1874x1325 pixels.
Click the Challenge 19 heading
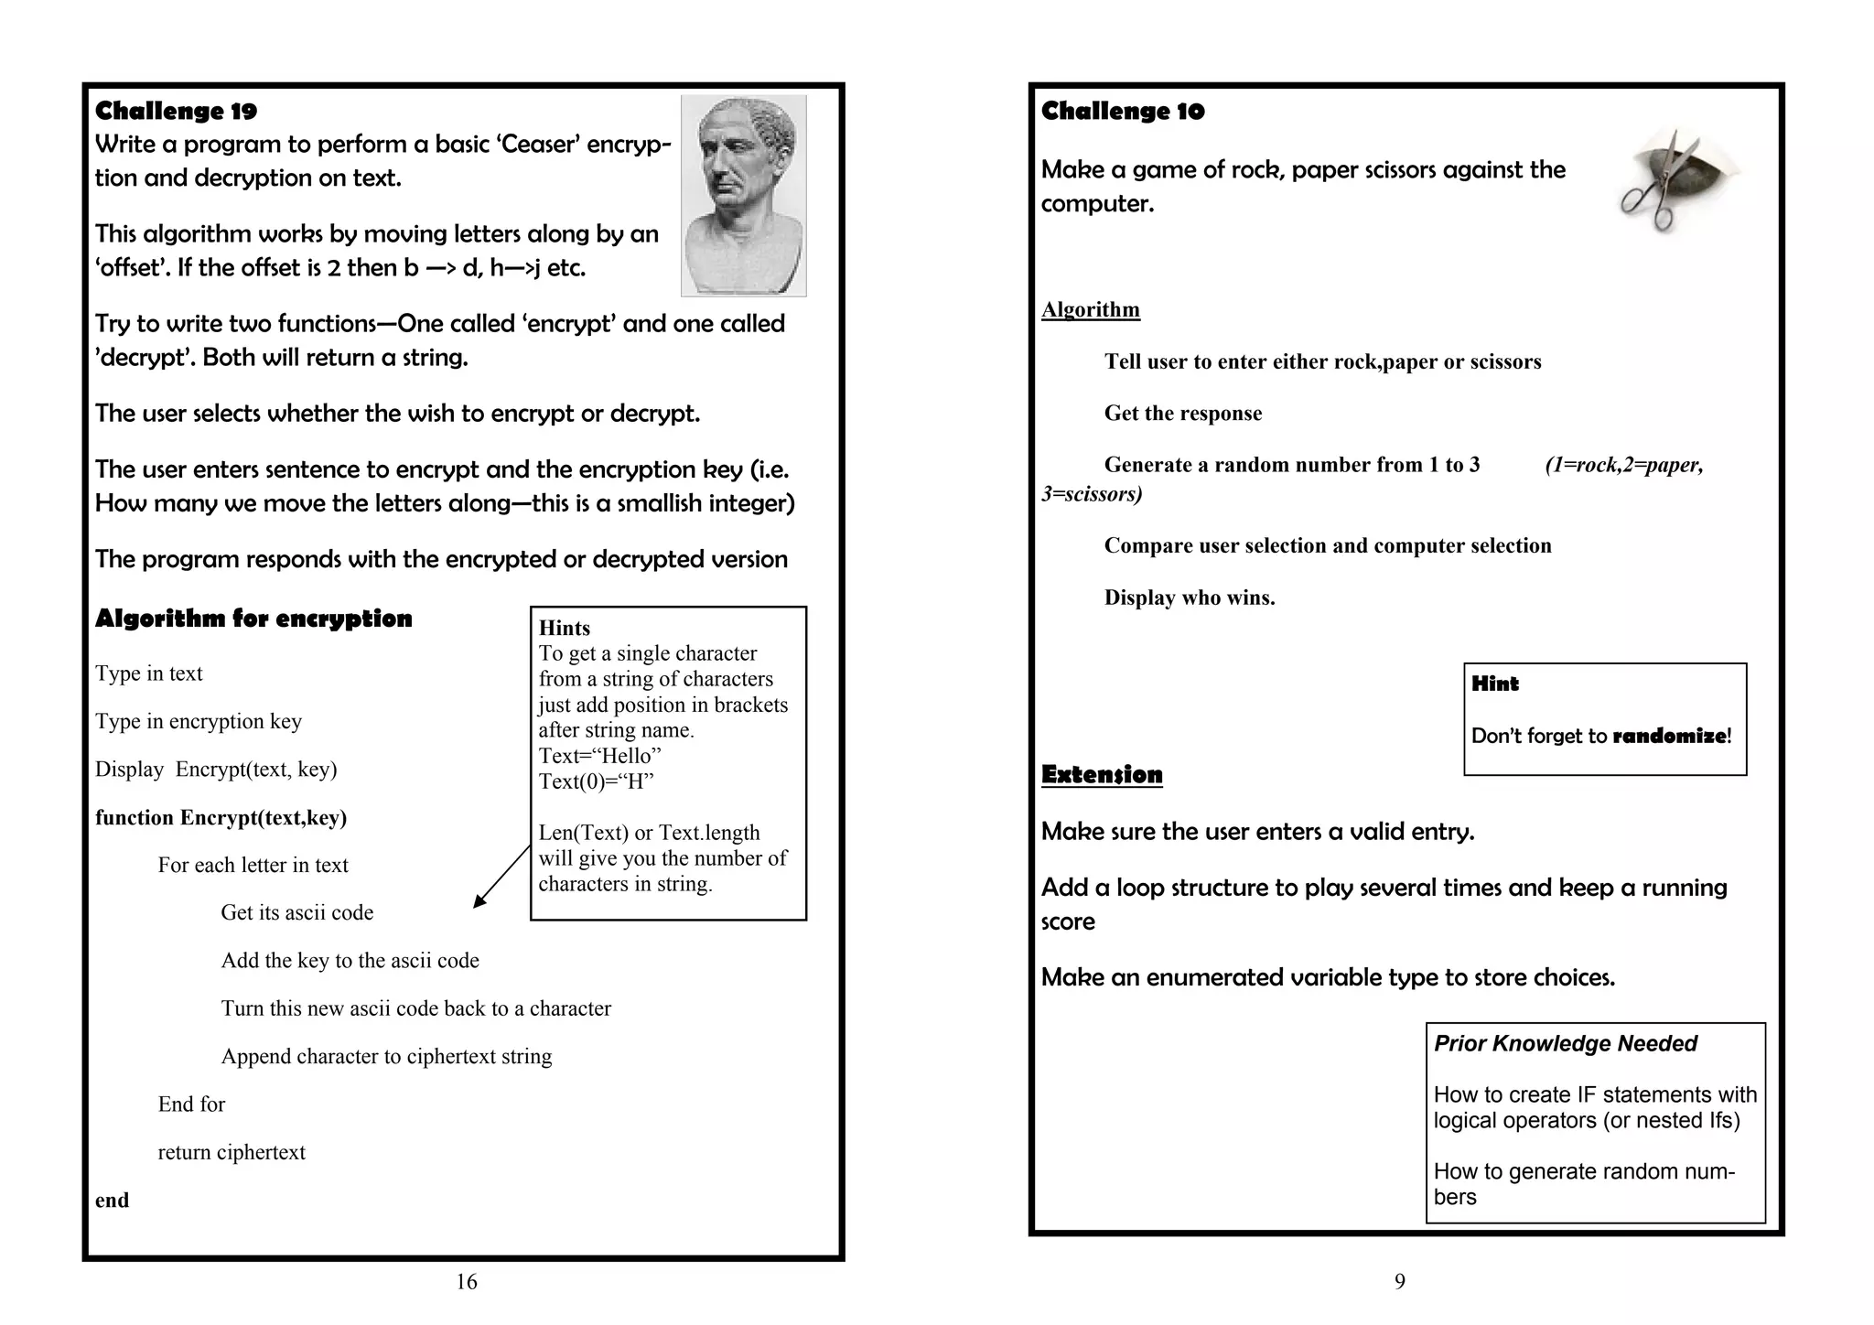point(176,112)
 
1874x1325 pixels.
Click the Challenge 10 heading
point(1123,112)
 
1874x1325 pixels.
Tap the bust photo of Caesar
point(743,195)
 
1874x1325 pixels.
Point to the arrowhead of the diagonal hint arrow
point(478,903)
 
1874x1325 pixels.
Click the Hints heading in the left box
point(564,628)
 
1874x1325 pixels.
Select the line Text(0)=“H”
point(596,781)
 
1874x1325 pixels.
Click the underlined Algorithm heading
point(1090,309)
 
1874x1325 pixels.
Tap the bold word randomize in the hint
point(1669,736)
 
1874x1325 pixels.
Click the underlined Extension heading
point(1102,775)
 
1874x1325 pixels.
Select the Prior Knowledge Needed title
point(1565,1043)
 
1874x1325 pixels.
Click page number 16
point(467,1282)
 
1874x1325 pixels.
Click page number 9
point(1399,1282)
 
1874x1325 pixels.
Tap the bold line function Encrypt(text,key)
point(221,817)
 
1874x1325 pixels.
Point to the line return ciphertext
point(232,1152)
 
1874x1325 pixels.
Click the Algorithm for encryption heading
point(253,619)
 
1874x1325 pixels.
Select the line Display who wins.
point(1189,598)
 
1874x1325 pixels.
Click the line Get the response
point(1182,414)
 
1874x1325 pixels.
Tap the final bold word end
point(112,1201)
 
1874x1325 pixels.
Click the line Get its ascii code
point(296,912)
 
